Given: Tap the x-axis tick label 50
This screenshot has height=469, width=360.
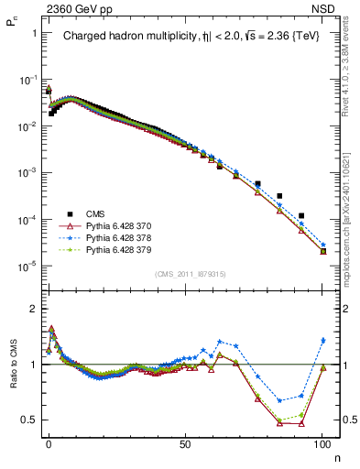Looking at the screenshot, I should coord(185,442).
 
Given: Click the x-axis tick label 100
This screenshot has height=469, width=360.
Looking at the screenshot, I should coord(322,442).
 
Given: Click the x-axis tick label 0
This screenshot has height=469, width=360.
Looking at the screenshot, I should coord(49,442).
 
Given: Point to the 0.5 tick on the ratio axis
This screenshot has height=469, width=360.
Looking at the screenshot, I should coord(27,420).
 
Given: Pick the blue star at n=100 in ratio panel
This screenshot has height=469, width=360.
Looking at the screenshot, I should coord(322,341).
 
